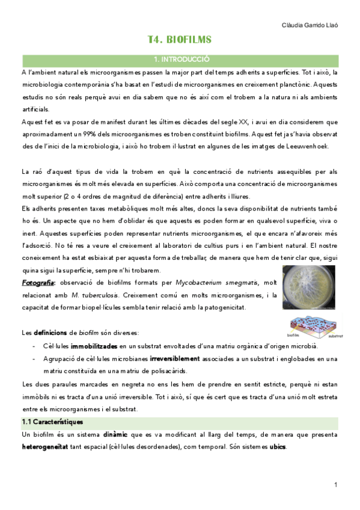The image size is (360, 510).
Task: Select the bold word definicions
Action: tap(55, 333)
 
